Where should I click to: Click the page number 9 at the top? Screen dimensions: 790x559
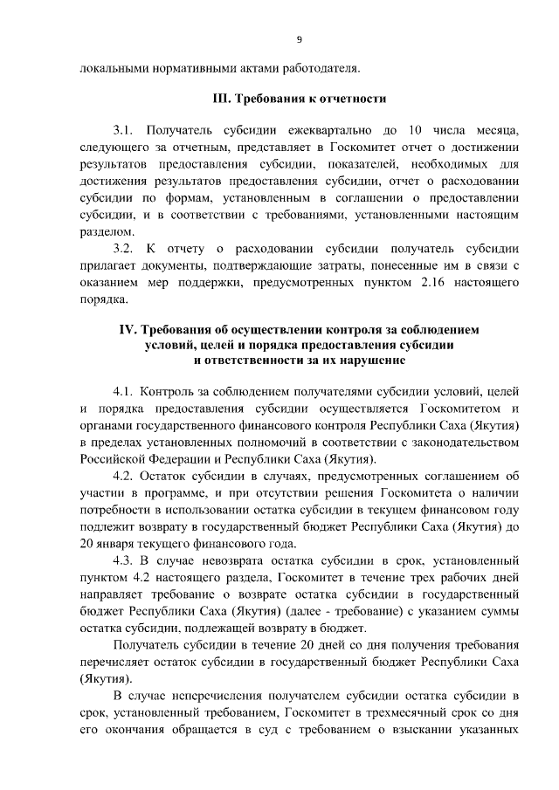299,38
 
